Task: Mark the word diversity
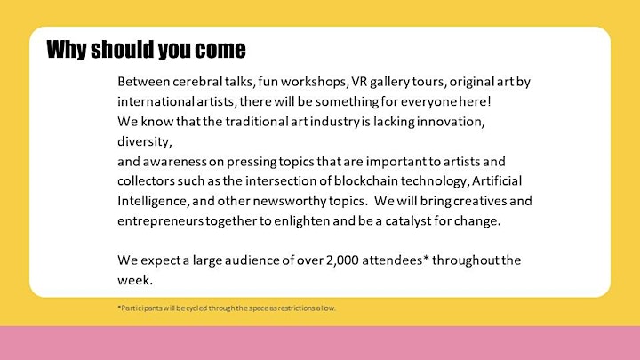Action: (x=145, y=141)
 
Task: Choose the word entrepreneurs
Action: (x=160, y=221)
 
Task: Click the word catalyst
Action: (x=408, y=220)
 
